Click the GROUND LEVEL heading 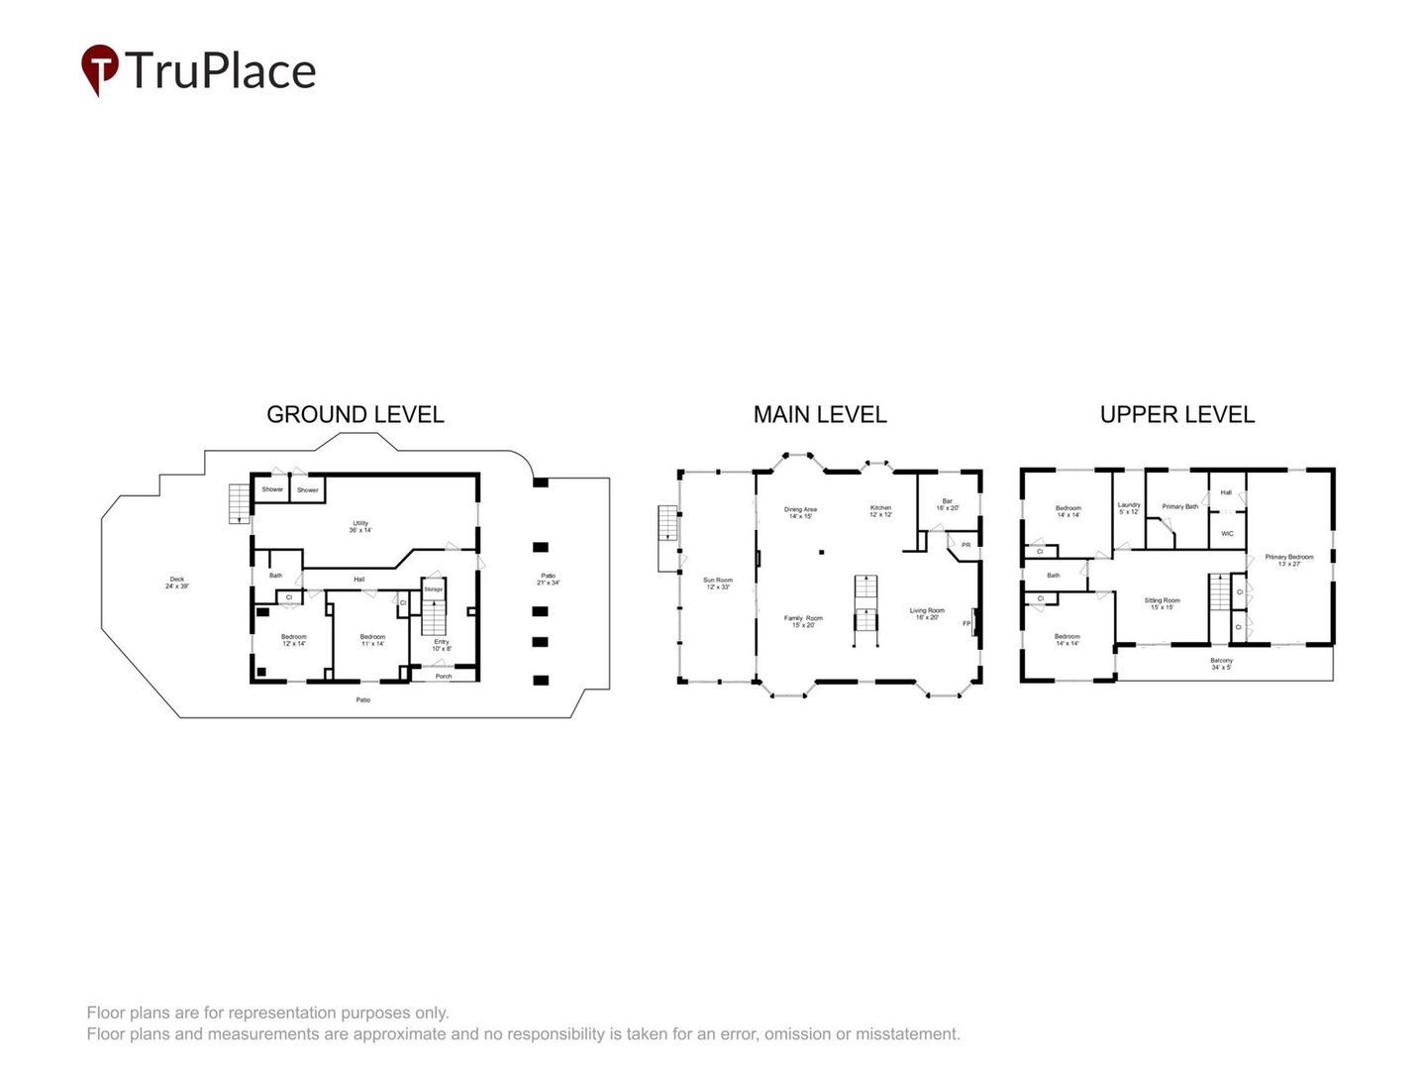(x=356, y=415)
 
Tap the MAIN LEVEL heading (x=820, y=415)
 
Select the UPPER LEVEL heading (x=1177, y=415)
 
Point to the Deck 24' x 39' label (x=176, y=583)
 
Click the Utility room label (x=360, y=526)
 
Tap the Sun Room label (x=718, y=584)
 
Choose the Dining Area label (x=800, y=512)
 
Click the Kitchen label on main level (x=880, y=510)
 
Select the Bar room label (x=948, y=504)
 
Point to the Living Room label (x=927, y=613)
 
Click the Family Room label (x=803, y=621)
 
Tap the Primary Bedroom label (x=1288, y=560)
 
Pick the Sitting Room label (x=1162, y=603)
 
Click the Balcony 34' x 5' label (x=1221, y=664)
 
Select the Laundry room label (x=1129, y=507)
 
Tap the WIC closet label (x=1227, y=534)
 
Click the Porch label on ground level (x=444, y=677)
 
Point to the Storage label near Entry (x=433, y=589)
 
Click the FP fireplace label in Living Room (x=967, y=623)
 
